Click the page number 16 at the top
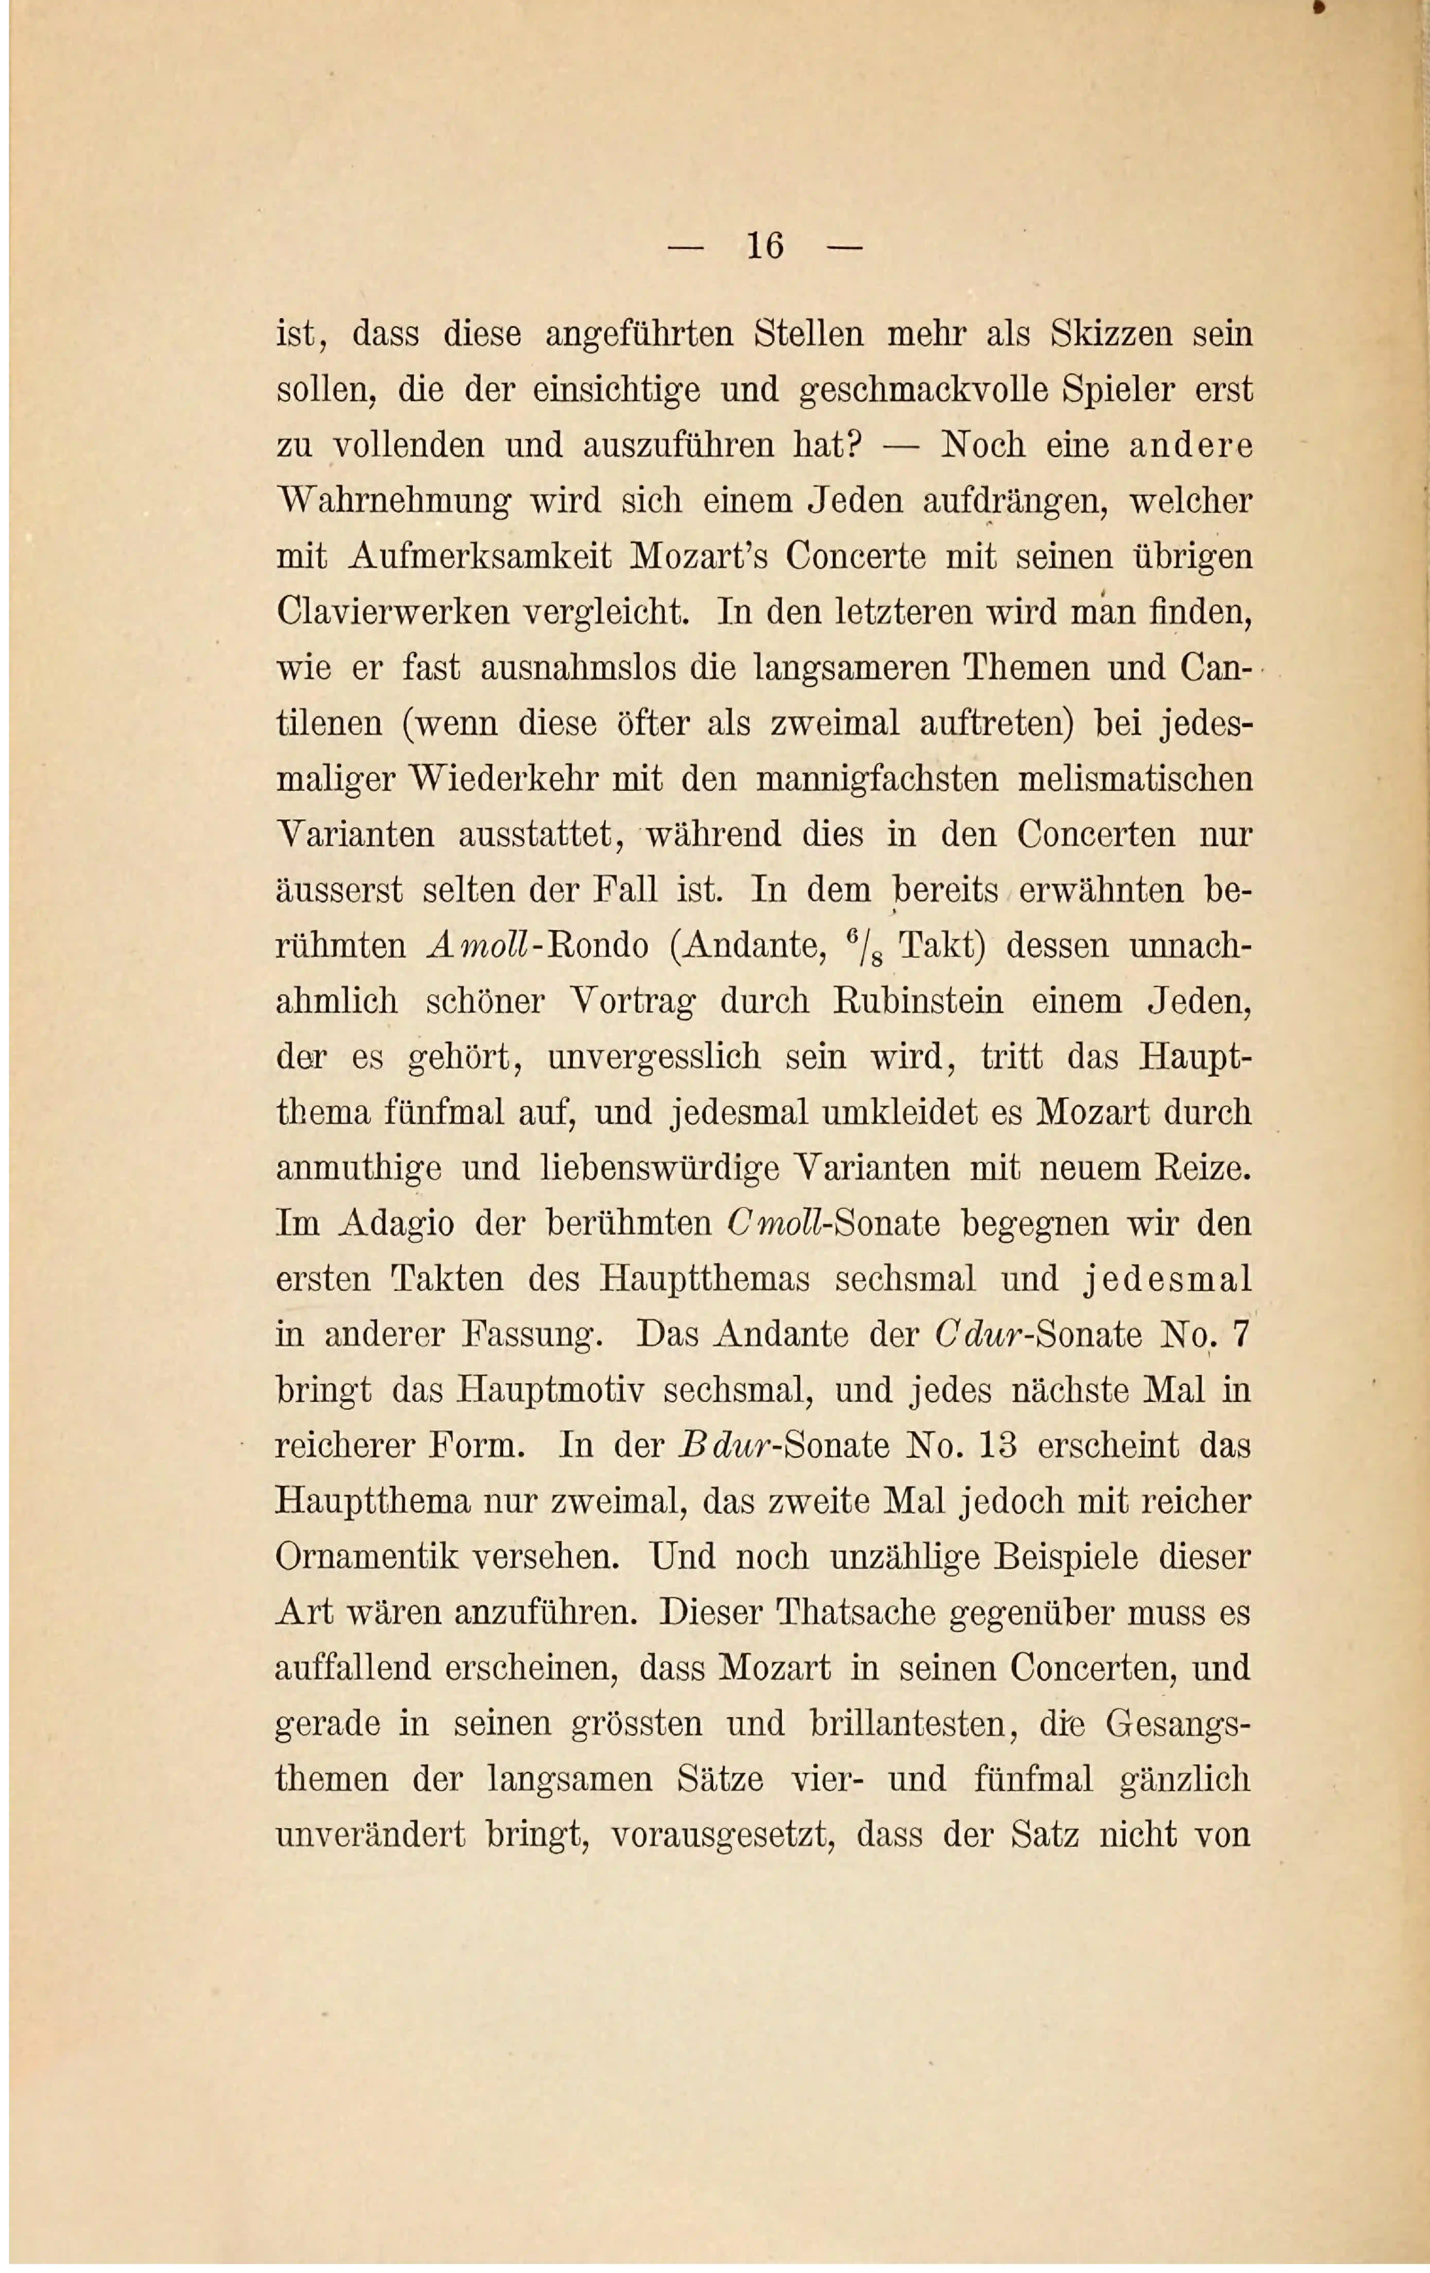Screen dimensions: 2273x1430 tap(765, 247)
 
